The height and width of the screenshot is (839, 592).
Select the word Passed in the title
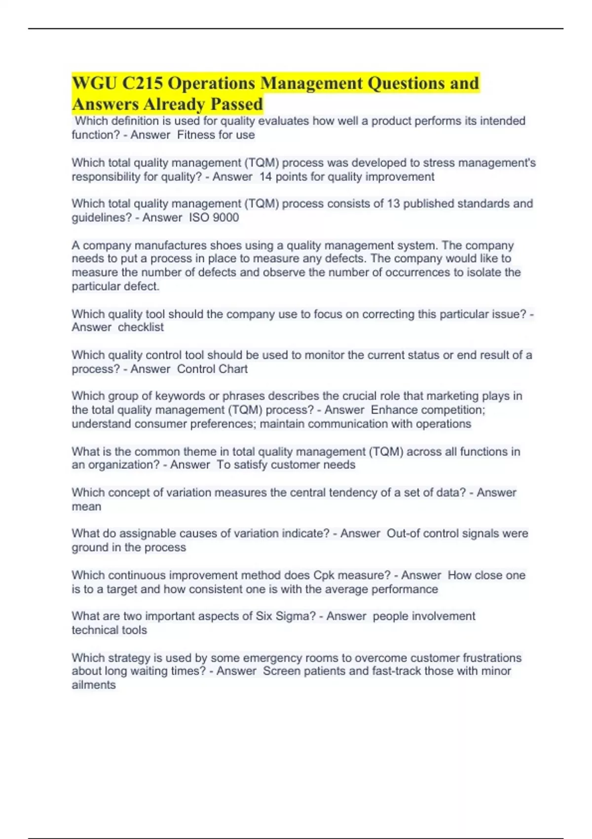(237, 104)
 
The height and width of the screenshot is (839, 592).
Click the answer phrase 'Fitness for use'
(216, 135)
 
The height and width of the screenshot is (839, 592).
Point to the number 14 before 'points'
(265, 177)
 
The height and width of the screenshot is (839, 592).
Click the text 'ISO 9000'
(214, 218)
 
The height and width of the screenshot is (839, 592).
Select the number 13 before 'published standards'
(393, 204)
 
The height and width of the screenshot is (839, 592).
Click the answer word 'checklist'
(141, 327)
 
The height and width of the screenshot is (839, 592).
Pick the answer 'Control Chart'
(212, 369)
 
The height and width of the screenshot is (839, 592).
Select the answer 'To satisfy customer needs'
(286, 465)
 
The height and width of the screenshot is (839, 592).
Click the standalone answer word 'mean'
(86, 507)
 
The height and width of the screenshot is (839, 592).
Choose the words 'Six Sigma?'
(286, 616)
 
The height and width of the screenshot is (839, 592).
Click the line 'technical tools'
(109, 630)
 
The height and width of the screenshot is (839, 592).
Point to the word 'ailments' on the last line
(94, 685)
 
